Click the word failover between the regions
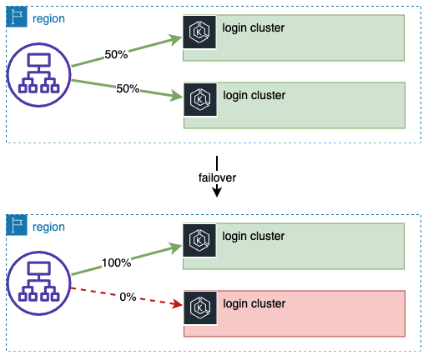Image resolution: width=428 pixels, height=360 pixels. click(216, 178)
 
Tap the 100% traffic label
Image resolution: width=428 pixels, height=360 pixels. click(117, 262)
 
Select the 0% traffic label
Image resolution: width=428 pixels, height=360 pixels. click(127, 297)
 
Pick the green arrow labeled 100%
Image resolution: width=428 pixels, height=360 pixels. click(125, 260)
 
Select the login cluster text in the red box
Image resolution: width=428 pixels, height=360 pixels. click(254, 302)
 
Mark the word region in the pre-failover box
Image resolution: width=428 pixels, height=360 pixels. click(48, 17)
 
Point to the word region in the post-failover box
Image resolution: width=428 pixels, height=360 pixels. click(48, 226)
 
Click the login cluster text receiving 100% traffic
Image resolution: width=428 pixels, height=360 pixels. click(254, 236)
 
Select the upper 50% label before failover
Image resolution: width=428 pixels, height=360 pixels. click(117, 54)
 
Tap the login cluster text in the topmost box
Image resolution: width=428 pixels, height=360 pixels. click(254, 28)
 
